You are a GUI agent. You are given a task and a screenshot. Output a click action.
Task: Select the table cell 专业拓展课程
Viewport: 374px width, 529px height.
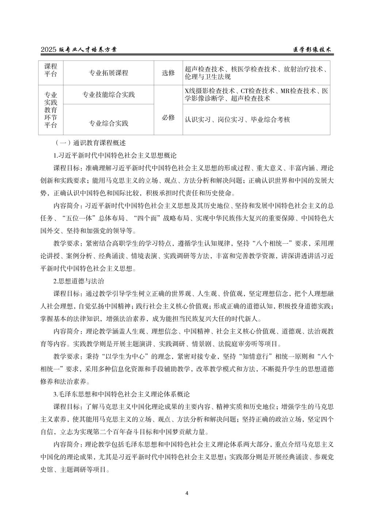click(108, 73)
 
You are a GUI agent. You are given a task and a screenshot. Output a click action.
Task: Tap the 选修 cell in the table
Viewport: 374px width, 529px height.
click(168, 73)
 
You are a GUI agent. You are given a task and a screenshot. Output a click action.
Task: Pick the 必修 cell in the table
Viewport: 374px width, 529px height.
click(168, 118)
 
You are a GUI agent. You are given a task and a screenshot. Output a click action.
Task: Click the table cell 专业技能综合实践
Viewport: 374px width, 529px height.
click(108, 95)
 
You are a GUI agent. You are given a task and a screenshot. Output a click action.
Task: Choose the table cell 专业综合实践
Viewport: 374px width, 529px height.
click(108, 123)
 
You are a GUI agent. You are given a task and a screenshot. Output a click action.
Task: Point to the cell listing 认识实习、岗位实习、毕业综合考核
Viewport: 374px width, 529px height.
click(237, 119)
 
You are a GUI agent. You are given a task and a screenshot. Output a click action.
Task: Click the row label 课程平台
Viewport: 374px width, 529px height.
click(51, 70)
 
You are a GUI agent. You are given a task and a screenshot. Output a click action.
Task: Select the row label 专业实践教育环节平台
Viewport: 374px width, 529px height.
click(51, 110)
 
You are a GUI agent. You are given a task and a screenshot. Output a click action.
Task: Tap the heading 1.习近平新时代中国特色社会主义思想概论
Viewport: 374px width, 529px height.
click(115, 156)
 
